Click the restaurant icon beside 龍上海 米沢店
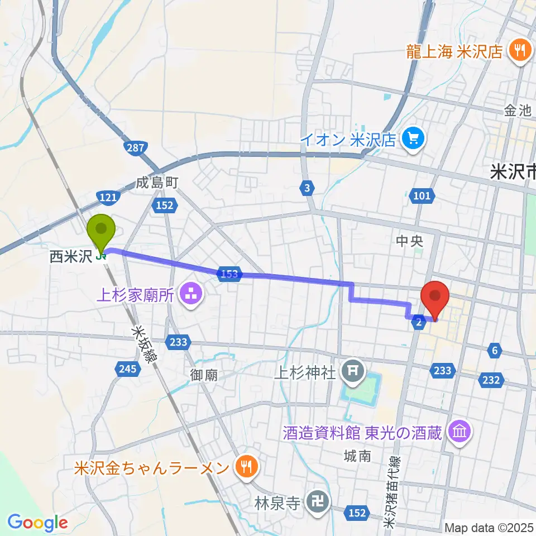[520, 51]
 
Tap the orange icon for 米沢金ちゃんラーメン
[245, 467]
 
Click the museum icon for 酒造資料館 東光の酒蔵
[460, 432]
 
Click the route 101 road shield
[422, 195]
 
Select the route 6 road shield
[494, 351]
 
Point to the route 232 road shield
[491, 380]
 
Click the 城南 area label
[357, 456]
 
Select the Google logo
[37, 523]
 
